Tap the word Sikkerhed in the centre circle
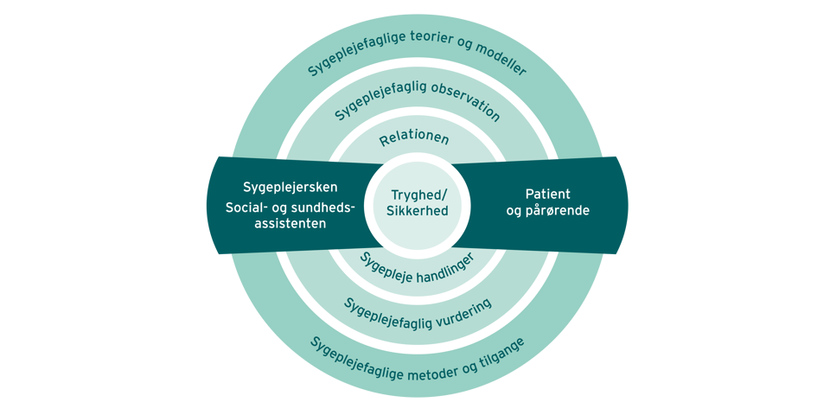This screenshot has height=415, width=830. pos(416,211)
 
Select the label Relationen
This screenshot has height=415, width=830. pos(414,138)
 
